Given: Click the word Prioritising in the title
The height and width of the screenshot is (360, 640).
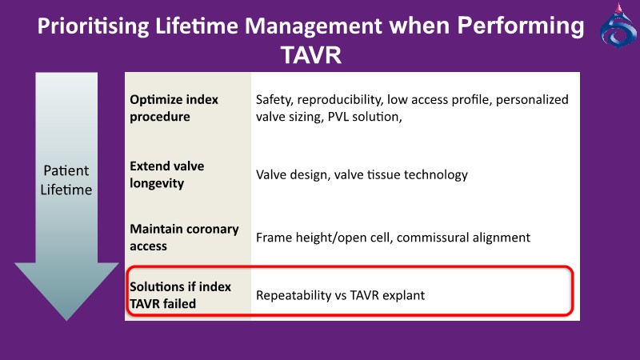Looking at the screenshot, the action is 93,26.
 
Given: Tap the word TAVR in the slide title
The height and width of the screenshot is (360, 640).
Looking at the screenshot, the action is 311,55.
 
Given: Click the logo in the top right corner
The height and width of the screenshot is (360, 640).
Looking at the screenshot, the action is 618,26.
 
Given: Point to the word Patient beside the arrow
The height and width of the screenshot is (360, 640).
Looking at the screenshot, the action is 66,170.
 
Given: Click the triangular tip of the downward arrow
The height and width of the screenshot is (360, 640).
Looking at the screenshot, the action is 66,320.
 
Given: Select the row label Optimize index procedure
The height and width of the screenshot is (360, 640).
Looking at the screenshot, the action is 174,108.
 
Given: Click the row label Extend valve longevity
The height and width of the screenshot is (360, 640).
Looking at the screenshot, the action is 167,174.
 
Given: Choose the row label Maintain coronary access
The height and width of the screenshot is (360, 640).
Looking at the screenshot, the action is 184,238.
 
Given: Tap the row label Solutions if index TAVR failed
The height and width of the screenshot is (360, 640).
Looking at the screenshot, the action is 181,295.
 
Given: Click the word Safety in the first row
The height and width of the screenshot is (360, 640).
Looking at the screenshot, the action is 274,100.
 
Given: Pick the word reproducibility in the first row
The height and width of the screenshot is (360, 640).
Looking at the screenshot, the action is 340,100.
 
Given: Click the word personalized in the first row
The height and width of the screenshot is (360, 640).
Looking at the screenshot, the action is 532,100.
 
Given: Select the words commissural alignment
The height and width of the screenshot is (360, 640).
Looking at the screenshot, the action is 463,238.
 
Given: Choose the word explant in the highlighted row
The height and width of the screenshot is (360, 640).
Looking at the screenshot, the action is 406,295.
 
